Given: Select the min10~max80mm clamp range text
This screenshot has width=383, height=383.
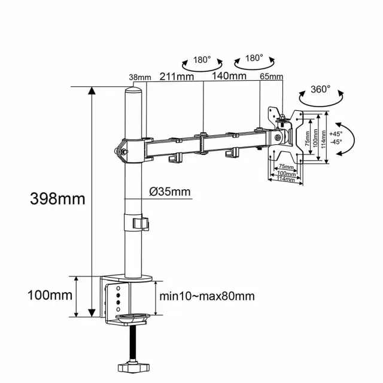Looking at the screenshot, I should tap(207, 296).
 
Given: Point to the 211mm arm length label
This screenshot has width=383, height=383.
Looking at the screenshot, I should tap(177, 76).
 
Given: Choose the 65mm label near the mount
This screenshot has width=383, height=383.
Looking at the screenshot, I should tap(272, 77).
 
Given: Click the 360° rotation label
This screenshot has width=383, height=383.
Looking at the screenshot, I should tap(321, 89).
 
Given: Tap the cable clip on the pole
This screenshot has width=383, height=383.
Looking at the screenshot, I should tap(139, 223).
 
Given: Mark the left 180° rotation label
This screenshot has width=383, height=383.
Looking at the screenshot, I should tap(202, 60).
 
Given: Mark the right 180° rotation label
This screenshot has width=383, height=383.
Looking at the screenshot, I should tap(254, 58).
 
